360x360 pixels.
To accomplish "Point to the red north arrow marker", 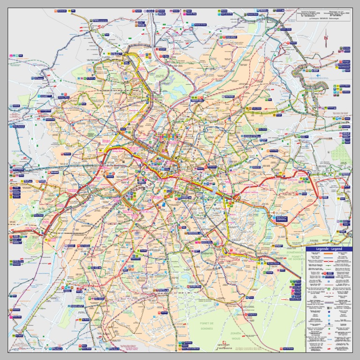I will pos(326,38).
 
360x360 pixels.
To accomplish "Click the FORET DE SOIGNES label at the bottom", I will pos(207,326).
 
